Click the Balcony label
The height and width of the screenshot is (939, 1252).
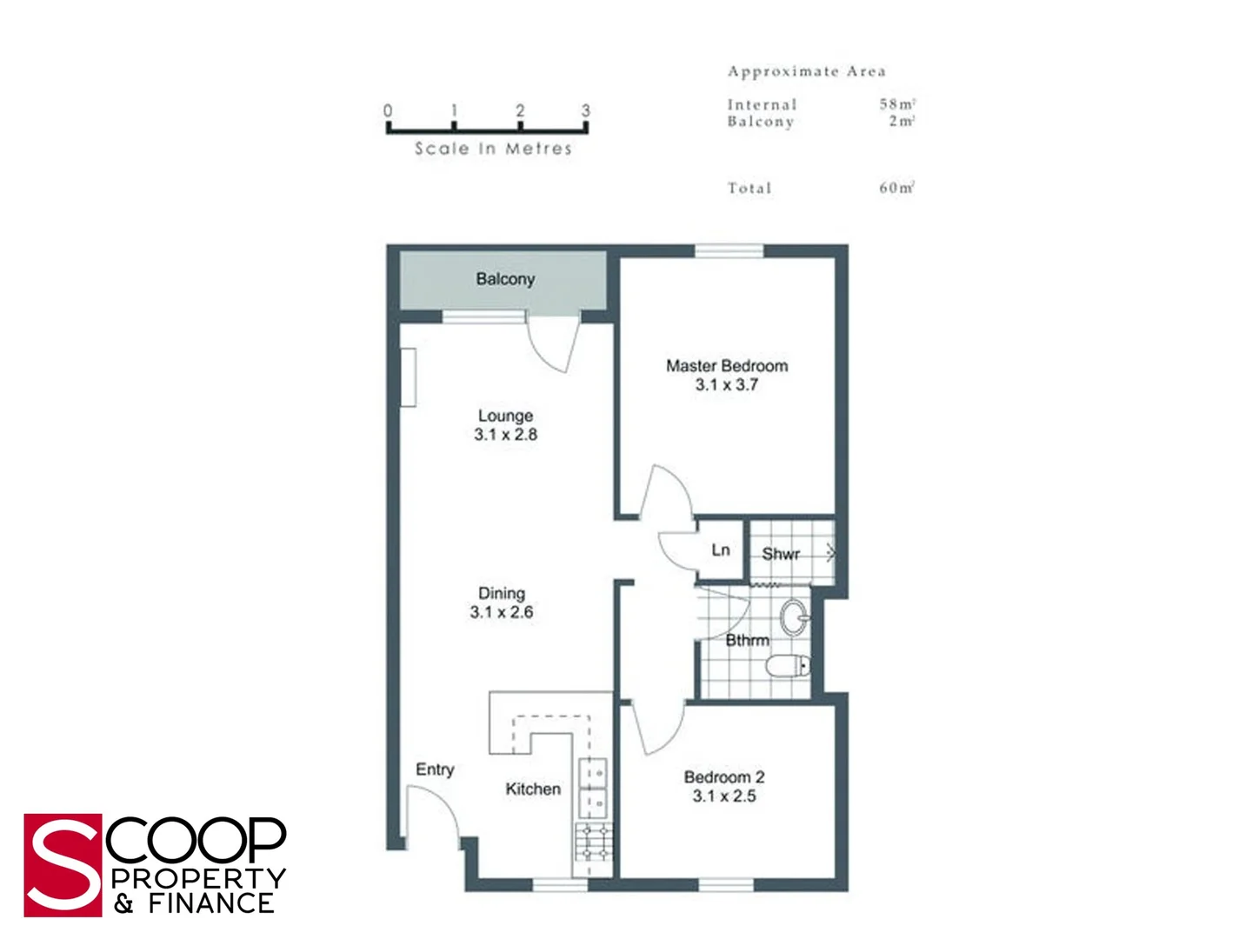coord(505,279)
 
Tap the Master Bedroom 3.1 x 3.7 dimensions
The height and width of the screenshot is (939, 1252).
coord(727,385)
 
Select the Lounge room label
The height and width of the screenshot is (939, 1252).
coord(505,416)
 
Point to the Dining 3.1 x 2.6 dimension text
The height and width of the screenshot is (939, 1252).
coord(502,612)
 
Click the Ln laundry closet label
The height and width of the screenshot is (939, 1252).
coord(721,549)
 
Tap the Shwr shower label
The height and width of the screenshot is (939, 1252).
coord(781,554)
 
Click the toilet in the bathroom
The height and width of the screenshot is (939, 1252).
coord(789,667)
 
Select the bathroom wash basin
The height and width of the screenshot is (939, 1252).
coord(795,618)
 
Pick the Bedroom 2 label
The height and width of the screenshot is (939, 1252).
coord(724,777)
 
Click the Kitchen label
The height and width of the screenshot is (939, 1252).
coord(533,789)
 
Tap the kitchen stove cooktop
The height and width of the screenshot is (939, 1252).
coord(594,842)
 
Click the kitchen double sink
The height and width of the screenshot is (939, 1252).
coord(593,786)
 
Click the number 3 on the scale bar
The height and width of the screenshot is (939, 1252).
coord(585,110)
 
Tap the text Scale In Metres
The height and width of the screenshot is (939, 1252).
coord(493,149)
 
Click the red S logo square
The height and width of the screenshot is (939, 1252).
coord(63,865)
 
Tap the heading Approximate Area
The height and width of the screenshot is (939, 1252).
coord(806,71)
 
